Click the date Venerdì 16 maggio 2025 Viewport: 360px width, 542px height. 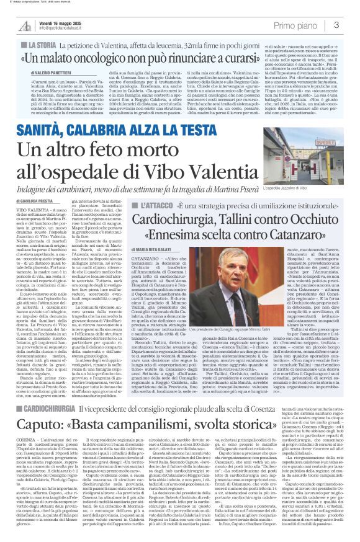pyautogui.click(x=66, y=21)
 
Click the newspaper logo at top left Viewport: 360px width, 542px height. pyautogui.click(x=25, y=25)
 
